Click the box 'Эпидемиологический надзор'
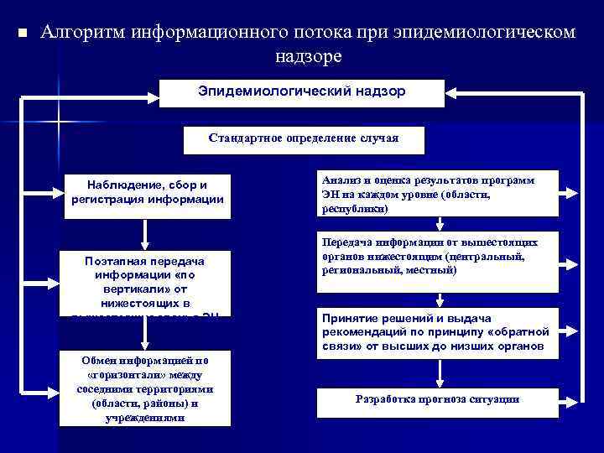302,92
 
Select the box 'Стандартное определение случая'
304,139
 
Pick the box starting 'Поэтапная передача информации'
148,282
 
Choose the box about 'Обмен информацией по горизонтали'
148,388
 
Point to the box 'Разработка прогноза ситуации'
437,401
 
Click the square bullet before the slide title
23,34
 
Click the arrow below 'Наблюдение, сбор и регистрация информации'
148,232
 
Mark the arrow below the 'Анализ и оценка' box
438,224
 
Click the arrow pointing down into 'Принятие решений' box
438,301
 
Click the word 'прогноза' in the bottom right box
434,399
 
